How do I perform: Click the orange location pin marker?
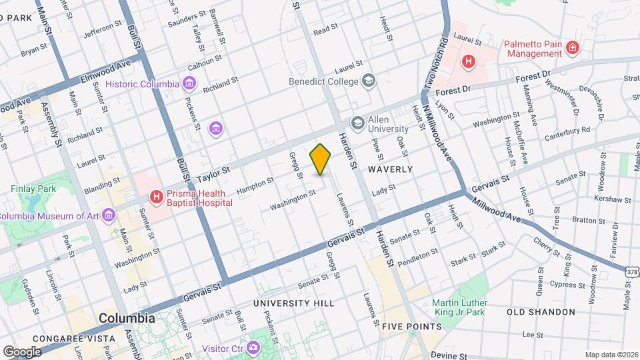coord(321,159)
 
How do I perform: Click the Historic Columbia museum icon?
coord(190,83)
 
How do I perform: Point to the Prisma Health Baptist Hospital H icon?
coord(157,197)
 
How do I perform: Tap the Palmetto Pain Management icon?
coord(572,47)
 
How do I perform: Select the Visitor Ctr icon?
coord(253,347)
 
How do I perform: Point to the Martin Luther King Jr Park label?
coord(459,307)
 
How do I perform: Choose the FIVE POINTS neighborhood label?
coord(412,327)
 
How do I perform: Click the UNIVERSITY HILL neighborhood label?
coord(293,303)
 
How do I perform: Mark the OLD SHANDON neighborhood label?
coord(541,312)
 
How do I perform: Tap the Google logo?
coord(21,351)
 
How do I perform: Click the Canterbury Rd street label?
coord(567,131)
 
